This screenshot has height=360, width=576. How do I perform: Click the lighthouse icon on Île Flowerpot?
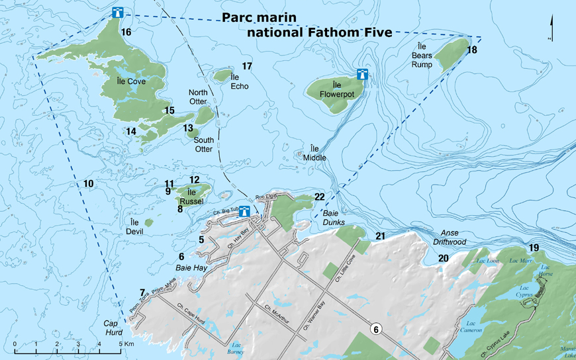(x=362, y=74)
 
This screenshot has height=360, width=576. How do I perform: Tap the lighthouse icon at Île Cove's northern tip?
(x=119, y=13)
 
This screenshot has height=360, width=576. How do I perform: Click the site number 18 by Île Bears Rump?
(x=471, y=50)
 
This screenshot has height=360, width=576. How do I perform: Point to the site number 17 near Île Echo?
(x=247, y=66)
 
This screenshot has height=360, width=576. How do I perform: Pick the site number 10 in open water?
(x=89, y=183)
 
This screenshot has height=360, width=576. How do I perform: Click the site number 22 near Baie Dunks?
(x=319, y=197)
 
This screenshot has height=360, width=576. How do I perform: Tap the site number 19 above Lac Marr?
(x=534, y=247)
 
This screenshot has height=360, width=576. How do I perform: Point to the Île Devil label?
(x=135, y=227)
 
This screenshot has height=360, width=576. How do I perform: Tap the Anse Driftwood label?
(x=450, y=238)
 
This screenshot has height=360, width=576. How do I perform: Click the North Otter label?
(x=198, y=97)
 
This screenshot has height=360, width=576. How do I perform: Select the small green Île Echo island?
(x=222, y=76)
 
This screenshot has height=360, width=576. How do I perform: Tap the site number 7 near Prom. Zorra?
(x=142, y=292)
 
